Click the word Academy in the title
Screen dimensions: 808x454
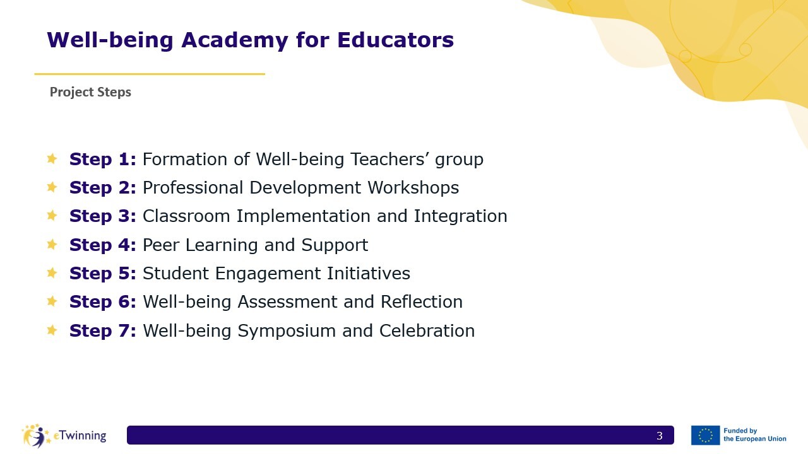pyautogui.click(x=234, y=40)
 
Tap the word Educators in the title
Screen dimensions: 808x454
pyautogui.click(x=395, y=40)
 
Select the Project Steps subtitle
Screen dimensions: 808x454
pyautogui.click(x=90, y=92)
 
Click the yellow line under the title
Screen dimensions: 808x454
pyautogui.click(x=150, y=74)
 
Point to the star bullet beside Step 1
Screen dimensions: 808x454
pyautogui.click(x=52, y=158)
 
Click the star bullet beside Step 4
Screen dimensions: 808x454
pyautogui.click(x=52, y=244)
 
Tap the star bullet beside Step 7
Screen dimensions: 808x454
pyautogui.click(x=52, y=330)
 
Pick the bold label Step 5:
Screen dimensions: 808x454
pyautogui.click(x=103, y=274)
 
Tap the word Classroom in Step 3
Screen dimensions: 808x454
pyautogui.click(x=186, y=216)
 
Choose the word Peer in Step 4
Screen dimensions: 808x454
pyautogui.click(x=161, y=245)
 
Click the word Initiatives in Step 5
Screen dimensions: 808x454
pyautogui.click(x=368, y=273)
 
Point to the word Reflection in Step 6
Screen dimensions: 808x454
pyautogui.click(x=421, y=301)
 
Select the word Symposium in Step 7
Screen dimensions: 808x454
pyautogui.click(x=287, y=331)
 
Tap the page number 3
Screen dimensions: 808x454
pyautogui.click(x=660, y=436)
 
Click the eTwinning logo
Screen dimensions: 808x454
pyautogui.click(x=64, y=436)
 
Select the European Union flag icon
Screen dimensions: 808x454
pyautogui.click(x=705, y=435)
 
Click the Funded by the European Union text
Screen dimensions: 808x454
pyautogui.click(x=754, y=435)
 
